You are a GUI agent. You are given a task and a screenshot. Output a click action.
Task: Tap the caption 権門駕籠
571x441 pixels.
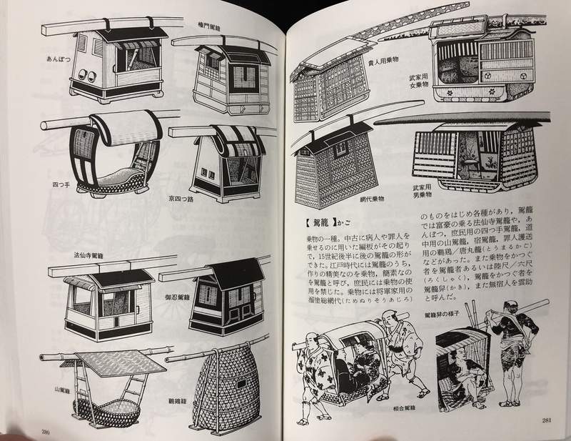click(213, 24)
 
